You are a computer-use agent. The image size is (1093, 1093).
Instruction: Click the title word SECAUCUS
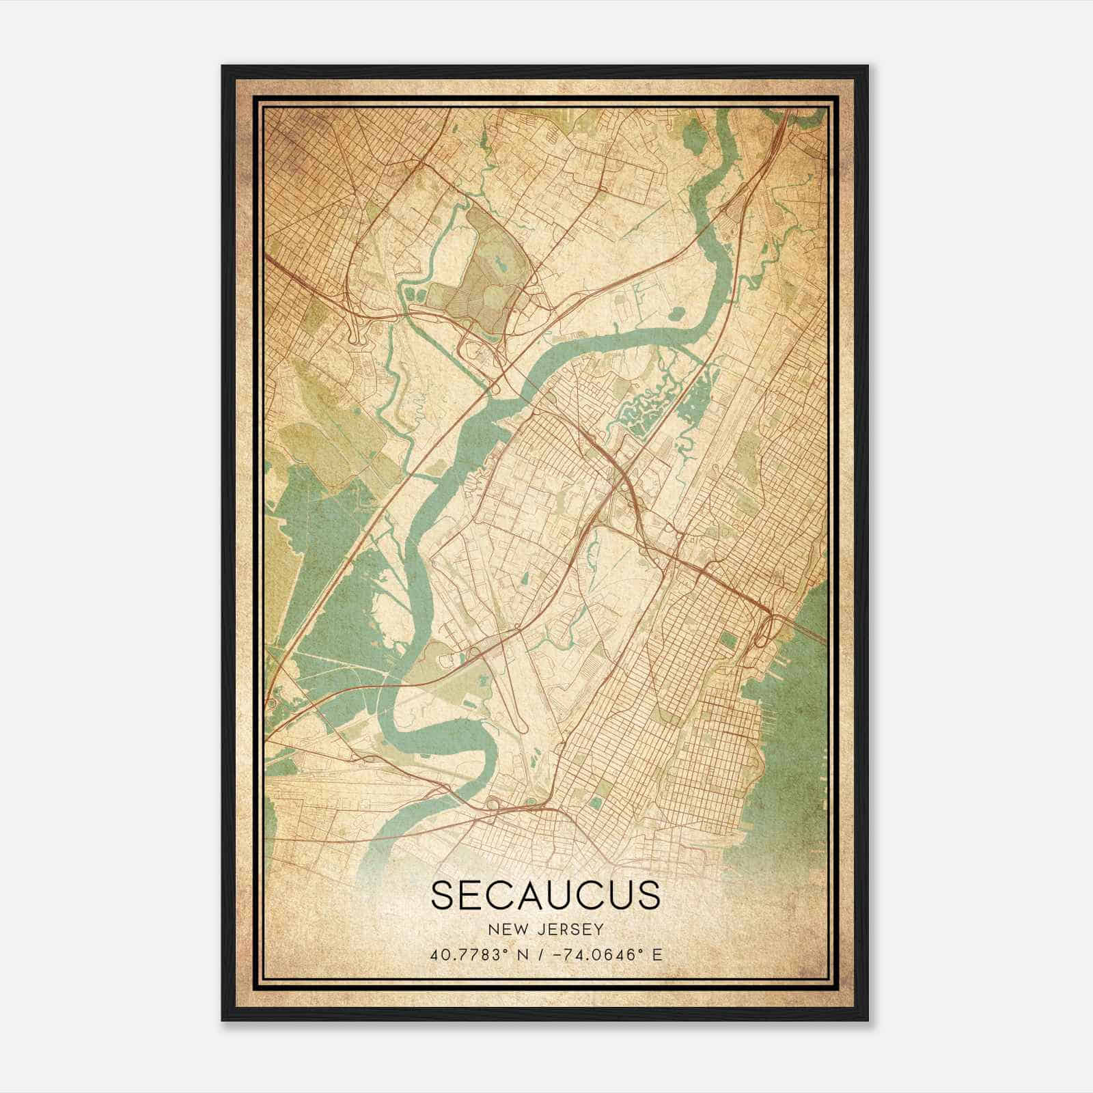546,896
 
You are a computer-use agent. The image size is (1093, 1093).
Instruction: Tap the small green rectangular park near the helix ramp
730,640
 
